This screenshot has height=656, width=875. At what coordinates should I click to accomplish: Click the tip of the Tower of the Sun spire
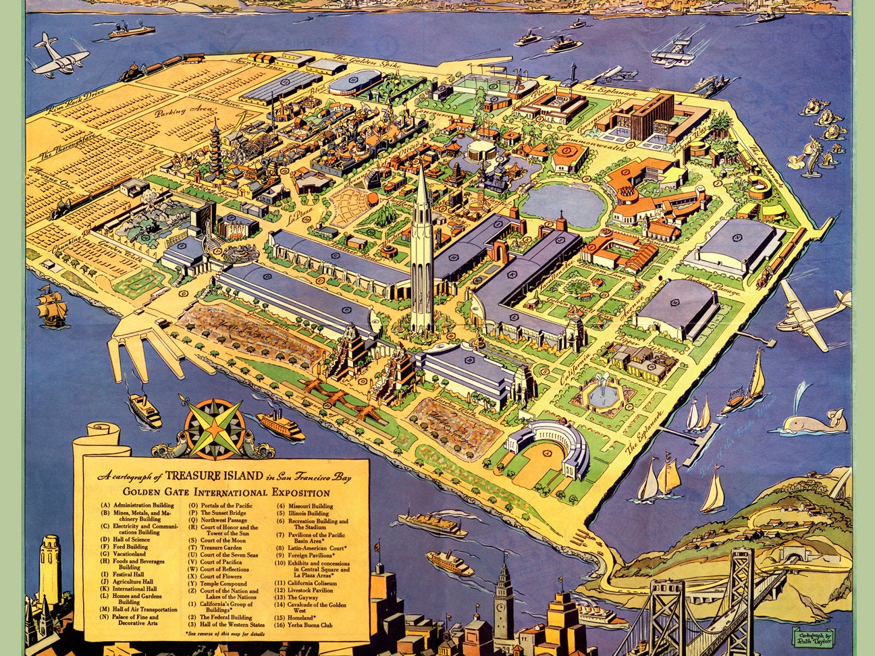[x=420, y=166]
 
